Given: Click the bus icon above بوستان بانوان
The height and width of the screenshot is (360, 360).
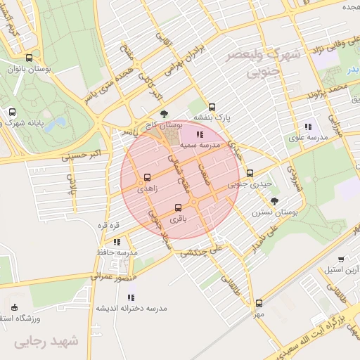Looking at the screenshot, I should [29, 58].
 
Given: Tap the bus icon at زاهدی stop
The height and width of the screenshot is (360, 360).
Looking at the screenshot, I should [147, 178].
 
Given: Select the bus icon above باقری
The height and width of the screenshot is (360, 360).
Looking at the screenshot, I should [178, 207].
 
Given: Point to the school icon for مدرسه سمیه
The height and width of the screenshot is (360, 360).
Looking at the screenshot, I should [200, 134].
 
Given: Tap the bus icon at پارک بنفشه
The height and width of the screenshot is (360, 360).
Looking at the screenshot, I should [212, 107].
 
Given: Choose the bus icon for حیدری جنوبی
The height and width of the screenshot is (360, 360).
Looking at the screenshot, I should [250, 174].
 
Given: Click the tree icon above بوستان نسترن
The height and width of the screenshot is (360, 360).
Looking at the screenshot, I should [274, 200].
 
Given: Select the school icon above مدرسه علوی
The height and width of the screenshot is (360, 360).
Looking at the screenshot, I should [308, 127].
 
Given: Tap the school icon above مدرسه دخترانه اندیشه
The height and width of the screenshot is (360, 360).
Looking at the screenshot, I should [132, 297].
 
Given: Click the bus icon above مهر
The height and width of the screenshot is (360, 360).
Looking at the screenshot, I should [259, 304].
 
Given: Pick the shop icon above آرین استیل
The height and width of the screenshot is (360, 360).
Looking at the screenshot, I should [342, 259].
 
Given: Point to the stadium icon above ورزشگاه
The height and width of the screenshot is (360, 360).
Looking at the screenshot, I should [15, 307].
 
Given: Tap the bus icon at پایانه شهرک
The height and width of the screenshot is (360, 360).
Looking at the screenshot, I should [13, 112].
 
